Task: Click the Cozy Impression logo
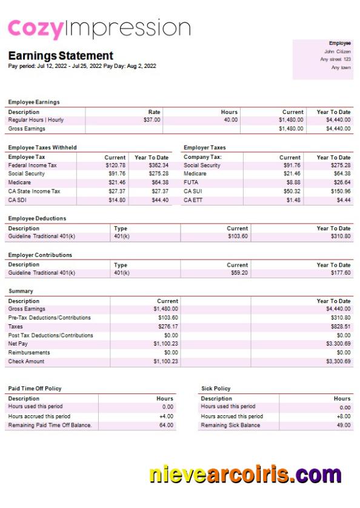(99, 28)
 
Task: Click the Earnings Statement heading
(61, 56)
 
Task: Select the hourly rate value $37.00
(152, 120)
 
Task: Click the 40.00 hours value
(230, 120)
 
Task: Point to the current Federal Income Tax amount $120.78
(115, 165)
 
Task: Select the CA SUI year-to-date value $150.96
(339, 192)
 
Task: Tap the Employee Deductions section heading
(37, 218)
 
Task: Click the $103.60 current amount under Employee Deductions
(238, 236)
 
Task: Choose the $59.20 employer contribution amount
(238, 273)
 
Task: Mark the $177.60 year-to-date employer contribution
(339, 273)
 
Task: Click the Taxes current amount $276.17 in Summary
(165, 327)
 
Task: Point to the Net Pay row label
(18, 344)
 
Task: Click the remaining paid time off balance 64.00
(166, 426)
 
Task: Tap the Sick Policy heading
(216, 388)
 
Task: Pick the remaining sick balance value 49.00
(342, 426)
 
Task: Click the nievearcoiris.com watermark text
(245, 474)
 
